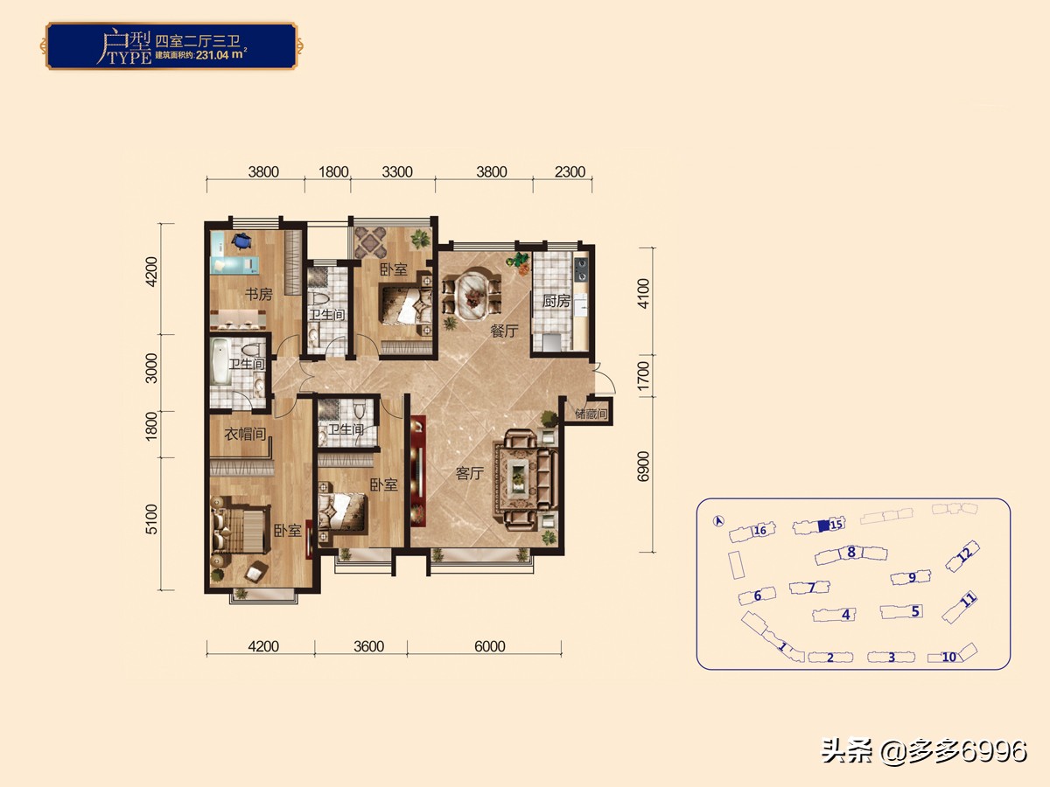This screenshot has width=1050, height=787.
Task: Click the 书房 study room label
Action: click(x=258, y=295)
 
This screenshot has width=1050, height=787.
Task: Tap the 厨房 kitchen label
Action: click(x=556, y=302)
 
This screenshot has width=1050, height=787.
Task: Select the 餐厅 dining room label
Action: click(x=505, y=331)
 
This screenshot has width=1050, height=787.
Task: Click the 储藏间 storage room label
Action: click(x=591, y=414)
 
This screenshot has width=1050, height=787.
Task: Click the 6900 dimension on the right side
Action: click(x=645, y=466)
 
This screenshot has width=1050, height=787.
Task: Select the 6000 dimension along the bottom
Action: click(x=490, y=647)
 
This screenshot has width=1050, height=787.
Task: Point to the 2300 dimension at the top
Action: click(x=570, y=172)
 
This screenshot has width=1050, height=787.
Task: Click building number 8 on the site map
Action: click(x=850, y=553)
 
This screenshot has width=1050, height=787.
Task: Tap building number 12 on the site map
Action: click(x=964, y=554)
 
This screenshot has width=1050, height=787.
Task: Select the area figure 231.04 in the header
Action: click(x=222, y=52)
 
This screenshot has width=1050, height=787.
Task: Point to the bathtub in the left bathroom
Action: click(x=220, y=362)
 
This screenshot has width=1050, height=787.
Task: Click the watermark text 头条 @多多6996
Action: click(x=924, y=751)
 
